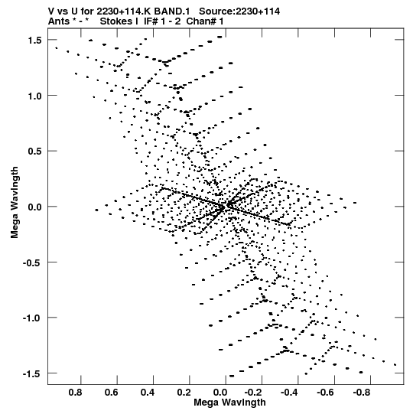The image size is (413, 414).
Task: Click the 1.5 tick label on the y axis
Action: [34, 40]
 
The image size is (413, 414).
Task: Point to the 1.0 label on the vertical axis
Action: [34, 96]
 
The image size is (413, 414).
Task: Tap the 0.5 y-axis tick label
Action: [34, 152]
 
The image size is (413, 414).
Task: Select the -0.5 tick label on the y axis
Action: [32, 262]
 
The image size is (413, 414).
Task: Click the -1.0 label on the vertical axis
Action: [32, 318]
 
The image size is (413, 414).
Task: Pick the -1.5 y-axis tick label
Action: [32, 374]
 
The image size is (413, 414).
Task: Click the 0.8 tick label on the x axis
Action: [75, 393]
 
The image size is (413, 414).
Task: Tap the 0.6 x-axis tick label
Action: [112, 393]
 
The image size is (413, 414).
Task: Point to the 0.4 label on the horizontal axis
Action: [148, 393]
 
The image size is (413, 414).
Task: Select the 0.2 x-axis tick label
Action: [184, 393]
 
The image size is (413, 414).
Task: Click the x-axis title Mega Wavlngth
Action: [229, 403]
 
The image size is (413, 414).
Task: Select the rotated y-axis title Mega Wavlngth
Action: [15, 202]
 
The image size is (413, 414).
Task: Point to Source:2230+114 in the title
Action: [239, 11]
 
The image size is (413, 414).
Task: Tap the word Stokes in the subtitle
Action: [117, 21]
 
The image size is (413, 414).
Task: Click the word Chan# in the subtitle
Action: [201, 21]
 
